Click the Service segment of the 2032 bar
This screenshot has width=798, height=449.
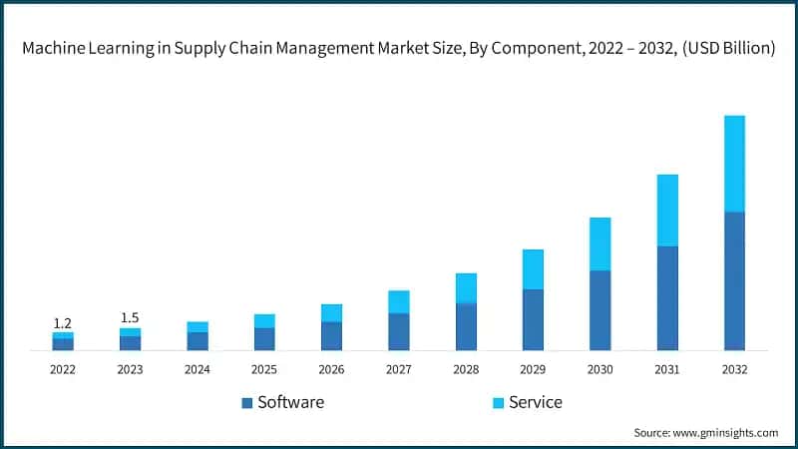click(x=734, y=164)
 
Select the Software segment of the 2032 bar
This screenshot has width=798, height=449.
click(x=734, y=280)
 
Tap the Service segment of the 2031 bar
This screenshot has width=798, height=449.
click(x=667, y=211)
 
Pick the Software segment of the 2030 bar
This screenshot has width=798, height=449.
click(x=599, y=309)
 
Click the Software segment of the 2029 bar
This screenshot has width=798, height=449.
click(x=533, y=319)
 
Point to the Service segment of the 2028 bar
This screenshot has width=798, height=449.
click(x=466, y=287)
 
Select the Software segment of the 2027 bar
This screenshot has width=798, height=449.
click(x=399, y=331)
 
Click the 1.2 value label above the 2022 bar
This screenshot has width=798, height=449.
click(x=63, y=323)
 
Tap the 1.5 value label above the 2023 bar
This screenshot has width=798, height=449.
click(x=130, y=318)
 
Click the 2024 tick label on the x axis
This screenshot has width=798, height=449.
click(x=198, y=369)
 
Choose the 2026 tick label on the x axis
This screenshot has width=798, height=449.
click(x=331, y=369)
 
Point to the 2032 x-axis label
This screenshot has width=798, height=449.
click(x=734, y=369)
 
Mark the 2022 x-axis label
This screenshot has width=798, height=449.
click(x=63, y=369)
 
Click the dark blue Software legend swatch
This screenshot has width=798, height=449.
click(x=246, y=403)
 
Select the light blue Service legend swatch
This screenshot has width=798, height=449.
click(x=498, y=403)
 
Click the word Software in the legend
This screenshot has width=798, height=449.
click(x=290, y=402)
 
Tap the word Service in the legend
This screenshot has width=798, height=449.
click(x=536, y=402)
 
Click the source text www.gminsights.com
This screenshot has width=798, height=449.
click(x=725, y=433)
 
